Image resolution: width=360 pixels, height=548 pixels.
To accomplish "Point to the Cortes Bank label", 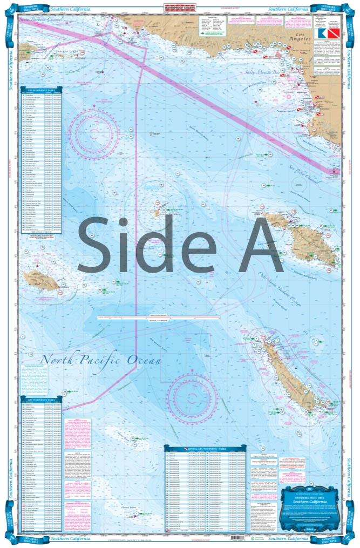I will click(x=132, y=507).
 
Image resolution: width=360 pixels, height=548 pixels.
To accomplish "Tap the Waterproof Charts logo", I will click(x=180, y=8).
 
